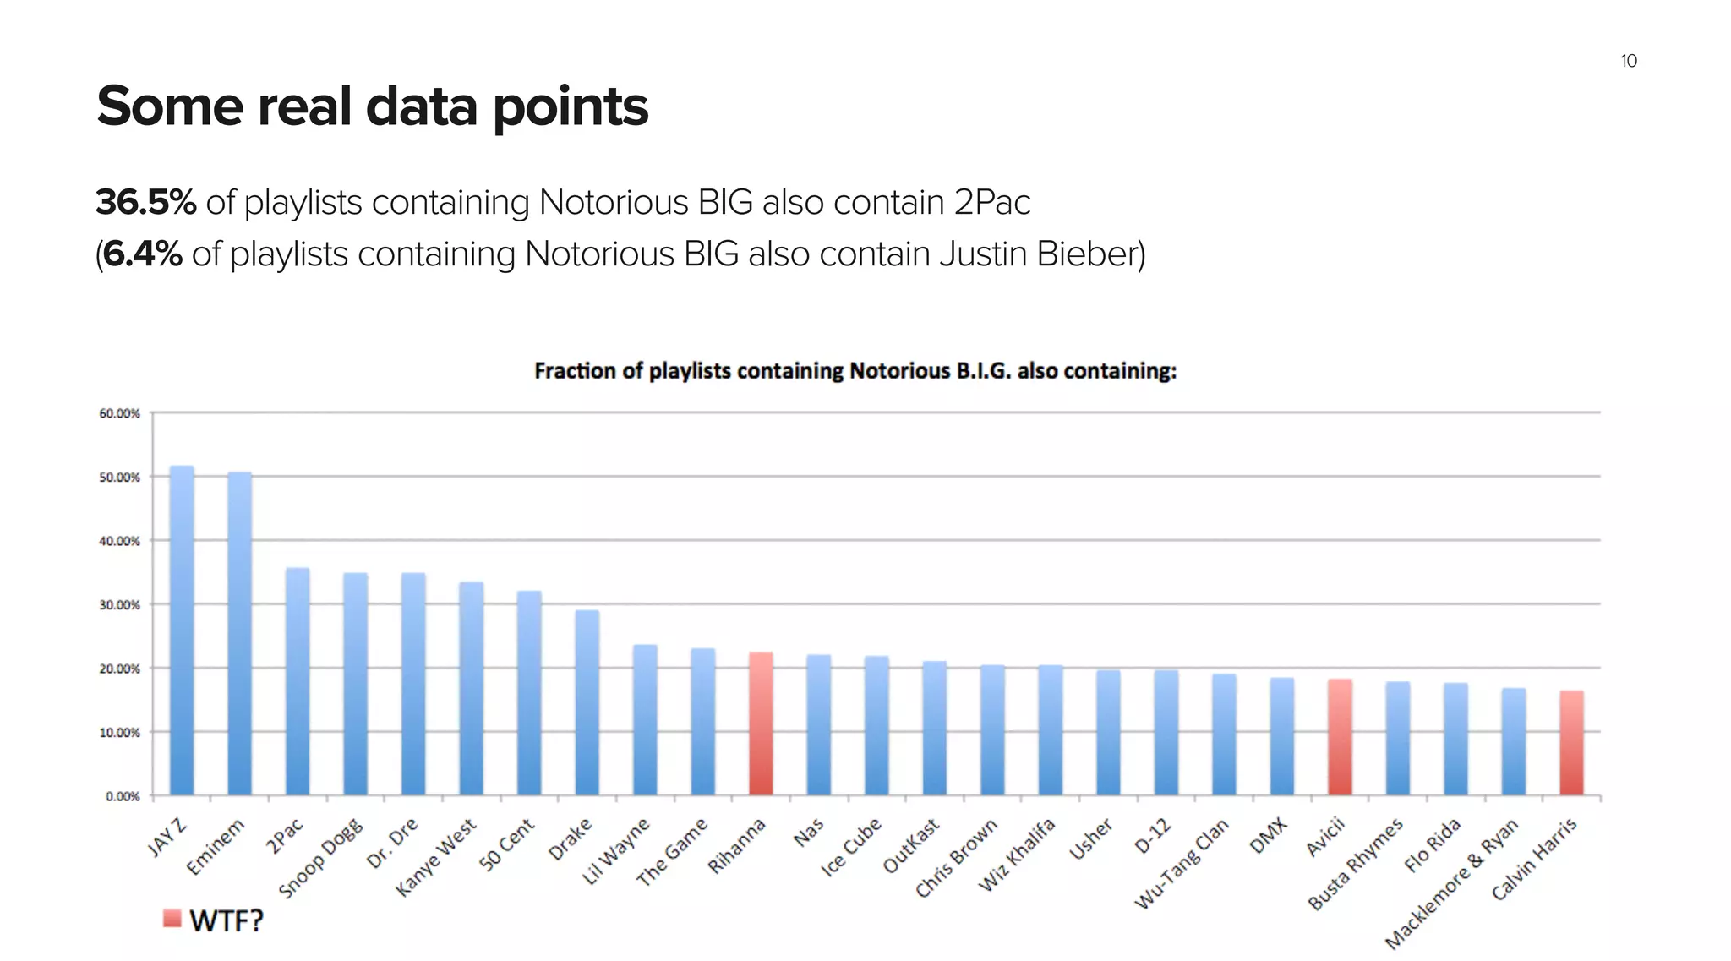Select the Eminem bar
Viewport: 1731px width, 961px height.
[240, 633]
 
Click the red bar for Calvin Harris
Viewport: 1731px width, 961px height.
[1571, 743]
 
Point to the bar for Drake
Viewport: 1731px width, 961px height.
[587, 702]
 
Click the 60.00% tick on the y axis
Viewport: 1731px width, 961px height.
[119, 413]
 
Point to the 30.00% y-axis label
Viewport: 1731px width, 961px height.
[119, 605]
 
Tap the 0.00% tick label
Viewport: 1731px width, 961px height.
[123, 796]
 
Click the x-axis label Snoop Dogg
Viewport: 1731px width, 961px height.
[321, 858]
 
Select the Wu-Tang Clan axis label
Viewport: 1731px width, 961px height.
[1181, 864]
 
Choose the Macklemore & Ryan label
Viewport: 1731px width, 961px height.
[1452, 884]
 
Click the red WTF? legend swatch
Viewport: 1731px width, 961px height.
[172, 919]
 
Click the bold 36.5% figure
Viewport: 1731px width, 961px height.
[145, 203]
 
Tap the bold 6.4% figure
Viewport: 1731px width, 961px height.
[143, 254]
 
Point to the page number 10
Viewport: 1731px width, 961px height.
[1629, 61]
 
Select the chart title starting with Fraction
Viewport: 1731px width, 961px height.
[855, 371]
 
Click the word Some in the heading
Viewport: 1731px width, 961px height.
[169, 107]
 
